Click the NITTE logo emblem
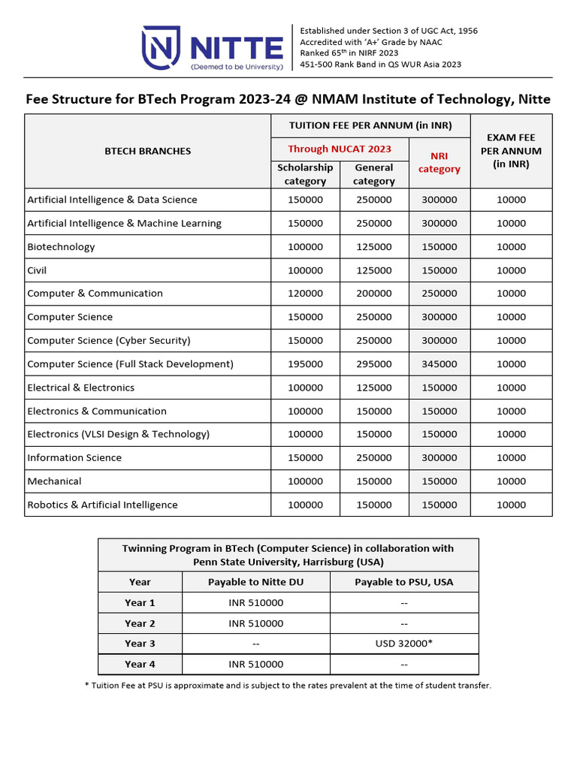pyautogui.click(x=160, y=47)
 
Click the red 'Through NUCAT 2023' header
pyautogui.click(x=340, y=149)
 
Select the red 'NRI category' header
pyautogui.click(x=440, y=162)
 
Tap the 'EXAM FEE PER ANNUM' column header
pyautogui.click(x=511, y=151)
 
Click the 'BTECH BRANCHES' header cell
pyautogui.click(x=147, y=151)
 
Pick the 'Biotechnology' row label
pyautogui.click(x=61, y=247)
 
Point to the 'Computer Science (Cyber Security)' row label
pyautogui.click(x=109, y=340)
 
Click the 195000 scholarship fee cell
pyautogui.click(x=305, y=364)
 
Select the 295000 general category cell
pyautogui.click(x=373, y=364)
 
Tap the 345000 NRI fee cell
pyautogui.click(x=439, y=364)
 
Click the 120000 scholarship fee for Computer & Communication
pyautogui.click(x=305, y=294)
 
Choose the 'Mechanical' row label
pyautogui.click(x=54, y=481)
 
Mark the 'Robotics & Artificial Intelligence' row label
pyautogui.click(x=102, y=505)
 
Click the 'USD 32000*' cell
pyautogui.click(x=403, y=644)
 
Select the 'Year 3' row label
pyautogui.click(x=140, y=644)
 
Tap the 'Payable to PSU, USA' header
pyautogui.click(x=403, y=582)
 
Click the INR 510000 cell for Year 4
pyautogui.click(x=255, y=665)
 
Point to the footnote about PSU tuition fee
pyautogui.click(x=288, y=686)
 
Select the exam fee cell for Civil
pyautogui.click(x=511, y=270)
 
